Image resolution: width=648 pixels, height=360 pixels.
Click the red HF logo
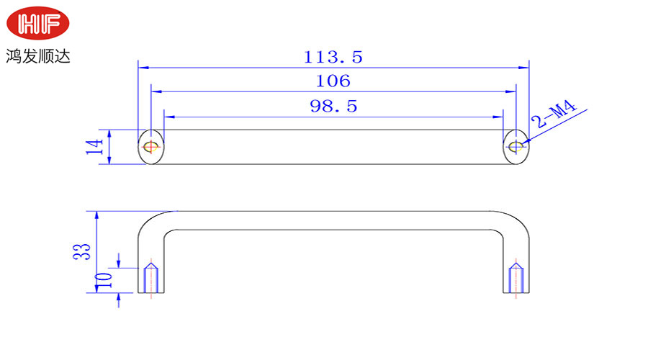point(37,23)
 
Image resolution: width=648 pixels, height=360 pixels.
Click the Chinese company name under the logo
point(38,56)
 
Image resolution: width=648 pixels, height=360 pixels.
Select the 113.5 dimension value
point(333,57)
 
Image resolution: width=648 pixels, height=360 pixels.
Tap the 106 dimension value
point(333,81)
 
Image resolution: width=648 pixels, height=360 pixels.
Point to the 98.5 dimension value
point(333,107)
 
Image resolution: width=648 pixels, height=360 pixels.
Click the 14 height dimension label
point(94,147)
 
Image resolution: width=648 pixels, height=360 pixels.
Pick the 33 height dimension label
point(81,251)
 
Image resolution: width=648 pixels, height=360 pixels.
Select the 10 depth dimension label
point(103,281)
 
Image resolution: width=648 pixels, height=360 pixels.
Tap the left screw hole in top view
point(151,146)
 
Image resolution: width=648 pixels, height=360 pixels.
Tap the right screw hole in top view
point(516,146)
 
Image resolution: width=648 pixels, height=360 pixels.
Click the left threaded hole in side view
point(151,278)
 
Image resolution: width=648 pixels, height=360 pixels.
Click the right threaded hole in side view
point(516,278)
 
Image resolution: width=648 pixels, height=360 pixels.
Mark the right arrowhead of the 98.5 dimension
point(498,117)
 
